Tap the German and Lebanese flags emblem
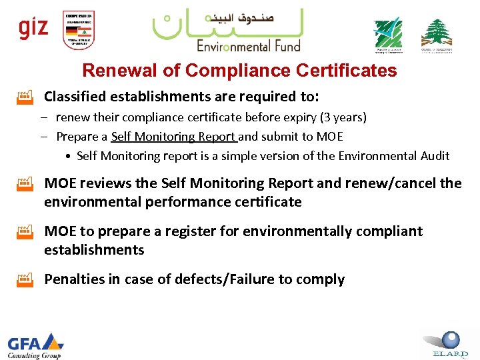tap(79, 30)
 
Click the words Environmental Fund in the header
tap(249, 45)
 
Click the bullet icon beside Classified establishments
tap(25, 98)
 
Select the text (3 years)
tap(343, 118)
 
